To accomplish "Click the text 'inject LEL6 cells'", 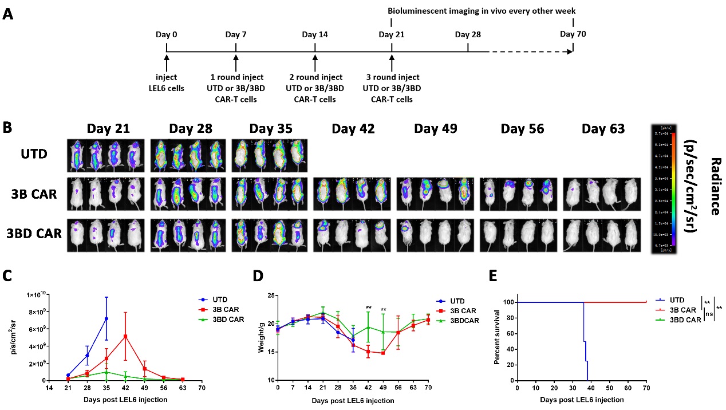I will coord(167,82).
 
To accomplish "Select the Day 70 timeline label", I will coord(573,34).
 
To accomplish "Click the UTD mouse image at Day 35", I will coord(270,155).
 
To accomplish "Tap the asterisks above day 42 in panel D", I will coord(368,309).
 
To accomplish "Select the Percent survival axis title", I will coord(497,338).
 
